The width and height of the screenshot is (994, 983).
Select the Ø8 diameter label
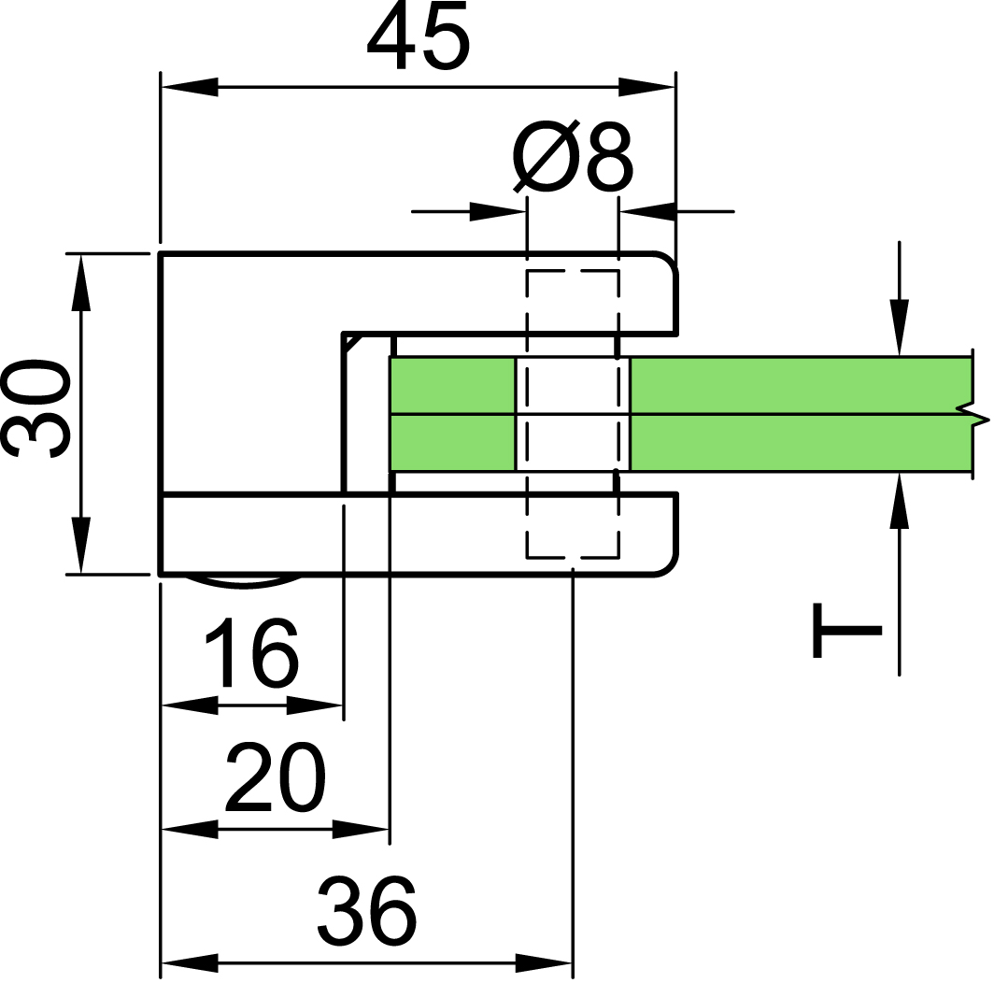(x=573, y=155)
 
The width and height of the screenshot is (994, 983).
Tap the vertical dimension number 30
(x=35, y=409)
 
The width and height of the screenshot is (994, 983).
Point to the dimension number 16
(x=251, y=652)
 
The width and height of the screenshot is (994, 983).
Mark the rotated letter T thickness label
(x=847, y=631)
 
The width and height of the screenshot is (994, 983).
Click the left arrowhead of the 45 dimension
(x=190, y=87)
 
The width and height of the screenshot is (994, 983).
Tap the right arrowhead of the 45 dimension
(x=646, y=87)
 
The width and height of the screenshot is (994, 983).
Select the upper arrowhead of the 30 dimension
(x=80, y=283)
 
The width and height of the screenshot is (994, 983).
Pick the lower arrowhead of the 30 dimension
(x=80, y=545)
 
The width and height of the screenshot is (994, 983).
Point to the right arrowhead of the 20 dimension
(x=360, y=829)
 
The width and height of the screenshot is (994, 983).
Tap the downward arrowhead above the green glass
(x=899, y=328)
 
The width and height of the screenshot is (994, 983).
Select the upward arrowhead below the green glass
(x=899, y=501)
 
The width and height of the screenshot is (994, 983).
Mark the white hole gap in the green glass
(x=573, y=415)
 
